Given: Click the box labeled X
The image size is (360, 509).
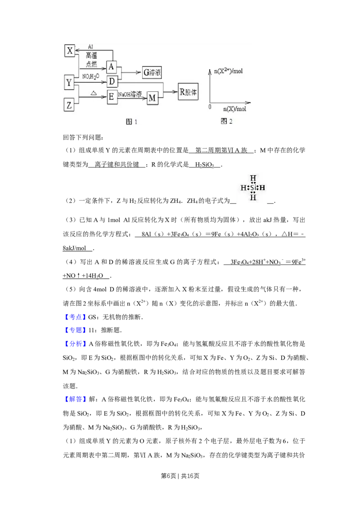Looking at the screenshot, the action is click(x=70, y=50).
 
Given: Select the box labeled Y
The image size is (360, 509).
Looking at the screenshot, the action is click(x=69, y=82).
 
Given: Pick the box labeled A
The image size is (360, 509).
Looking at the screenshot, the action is click(x=112, y=67).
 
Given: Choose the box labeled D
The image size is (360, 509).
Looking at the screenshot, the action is click(x=112, y=81).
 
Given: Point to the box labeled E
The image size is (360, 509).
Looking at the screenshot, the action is click(x=112, y=96).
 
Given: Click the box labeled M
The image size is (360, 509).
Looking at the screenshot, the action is click(x=153, y=98).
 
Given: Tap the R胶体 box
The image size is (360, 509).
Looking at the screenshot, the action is click(x=188, y=92).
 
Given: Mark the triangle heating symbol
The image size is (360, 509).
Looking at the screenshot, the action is click(x=94, y=93).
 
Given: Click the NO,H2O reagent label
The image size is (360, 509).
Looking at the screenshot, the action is click(x=91, y=77).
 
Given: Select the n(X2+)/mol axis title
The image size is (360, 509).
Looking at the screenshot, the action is click(x=228, y=71).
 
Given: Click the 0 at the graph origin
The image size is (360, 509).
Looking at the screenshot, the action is click(x=210, y=107).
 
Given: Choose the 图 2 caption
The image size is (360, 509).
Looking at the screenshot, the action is click(x=226, y=121).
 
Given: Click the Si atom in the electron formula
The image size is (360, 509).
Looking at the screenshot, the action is click(x=253, y=187).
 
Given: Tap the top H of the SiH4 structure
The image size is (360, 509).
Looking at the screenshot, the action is click(x=253, y=177).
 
